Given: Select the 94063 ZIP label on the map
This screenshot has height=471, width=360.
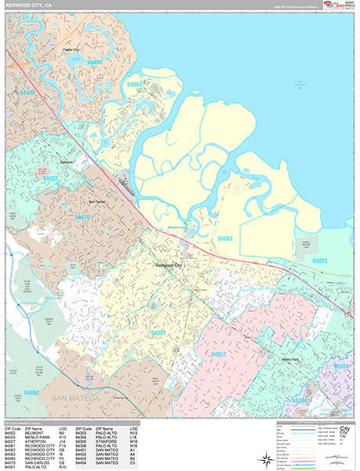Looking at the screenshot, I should coord(226,238).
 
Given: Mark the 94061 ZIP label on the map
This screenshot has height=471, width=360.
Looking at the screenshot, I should coord(158,333).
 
